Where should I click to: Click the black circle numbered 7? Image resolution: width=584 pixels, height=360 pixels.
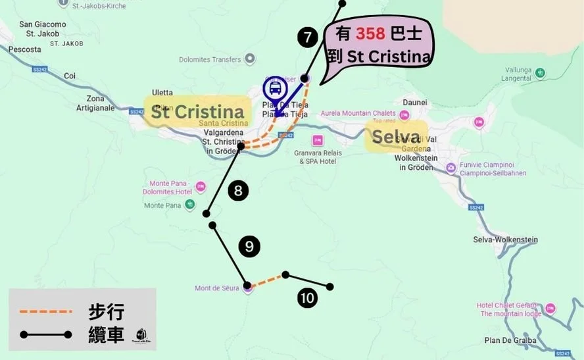[x=307, y=38]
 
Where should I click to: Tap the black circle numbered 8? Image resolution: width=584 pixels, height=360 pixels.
[x=238, y=192]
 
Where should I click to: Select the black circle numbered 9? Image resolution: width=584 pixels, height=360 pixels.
[x=249, y=247]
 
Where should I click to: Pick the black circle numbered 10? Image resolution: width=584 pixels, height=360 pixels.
[x=306, y=298]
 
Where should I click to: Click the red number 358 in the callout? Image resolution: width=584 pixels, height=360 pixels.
[x=370, y=34]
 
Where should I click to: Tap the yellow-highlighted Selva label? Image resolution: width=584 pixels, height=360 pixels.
[x=396, y=137]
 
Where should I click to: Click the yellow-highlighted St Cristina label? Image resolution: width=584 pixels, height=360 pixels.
[x=198, y=111]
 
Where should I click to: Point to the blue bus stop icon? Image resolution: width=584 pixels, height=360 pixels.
[x=274, y=89]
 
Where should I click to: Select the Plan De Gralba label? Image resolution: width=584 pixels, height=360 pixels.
[x=510, y=340]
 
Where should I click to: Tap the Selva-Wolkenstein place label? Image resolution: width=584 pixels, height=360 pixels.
[x=505, y=240]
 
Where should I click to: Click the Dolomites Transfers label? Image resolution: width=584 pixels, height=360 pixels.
[x=210, y=60]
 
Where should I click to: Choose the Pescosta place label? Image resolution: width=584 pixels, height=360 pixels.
[x=25, y=49]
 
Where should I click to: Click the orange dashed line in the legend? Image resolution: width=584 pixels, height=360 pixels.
[x=45, y=311]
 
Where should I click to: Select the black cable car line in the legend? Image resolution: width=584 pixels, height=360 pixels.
[x=45, y=335]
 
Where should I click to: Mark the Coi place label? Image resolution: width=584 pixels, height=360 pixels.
[x=70, y=76]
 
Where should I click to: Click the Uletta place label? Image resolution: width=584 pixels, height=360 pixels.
[x=162, y=92]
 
